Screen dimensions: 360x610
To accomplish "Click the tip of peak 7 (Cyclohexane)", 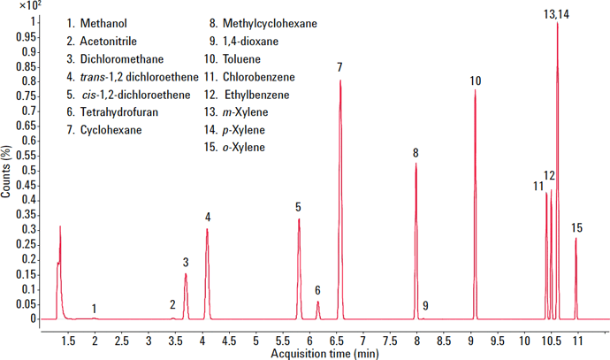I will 339,81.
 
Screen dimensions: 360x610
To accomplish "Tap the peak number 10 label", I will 476,81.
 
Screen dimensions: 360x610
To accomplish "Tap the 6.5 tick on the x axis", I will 337,341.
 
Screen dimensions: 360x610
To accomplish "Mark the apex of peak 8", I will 416,164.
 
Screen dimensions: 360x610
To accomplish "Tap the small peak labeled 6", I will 318,303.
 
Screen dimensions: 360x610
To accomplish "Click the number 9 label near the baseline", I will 425,306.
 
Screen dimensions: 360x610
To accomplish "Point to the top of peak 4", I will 207,230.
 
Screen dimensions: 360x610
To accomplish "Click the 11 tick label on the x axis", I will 578,341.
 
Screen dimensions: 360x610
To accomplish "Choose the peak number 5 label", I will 299,207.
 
